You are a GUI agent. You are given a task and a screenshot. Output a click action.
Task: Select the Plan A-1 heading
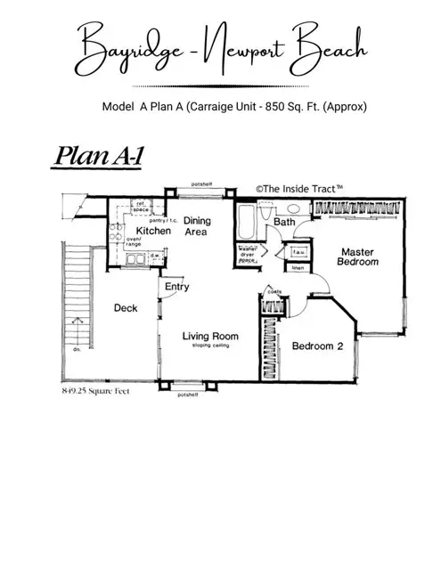tap(95, 156)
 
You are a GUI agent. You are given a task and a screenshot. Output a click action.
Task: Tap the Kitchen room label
tap(153, 232)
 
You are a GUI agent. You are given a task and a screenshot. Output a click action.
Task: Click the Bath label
tap(285, 222)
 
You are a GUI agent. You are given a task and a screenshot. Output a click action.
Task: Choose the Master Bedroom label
tap(358, 257)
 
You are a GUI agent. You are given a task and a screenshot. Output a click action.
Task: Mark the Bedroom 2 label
tap(319, 346)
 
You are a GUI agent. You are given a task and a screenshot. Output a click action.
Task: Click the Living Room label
tap(211, 337)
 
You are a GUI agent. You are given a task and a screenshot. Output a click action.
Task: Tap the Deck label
tap(125, 308)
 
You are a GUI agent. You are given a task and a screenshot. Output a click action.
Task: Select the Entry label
tap(176, 287)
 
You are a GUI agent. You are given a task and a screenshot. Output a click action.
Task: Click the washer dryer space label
tap(249, 255)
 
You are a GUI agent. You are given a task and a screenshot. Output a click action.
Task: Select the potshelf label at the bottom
tap(188, 393)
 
